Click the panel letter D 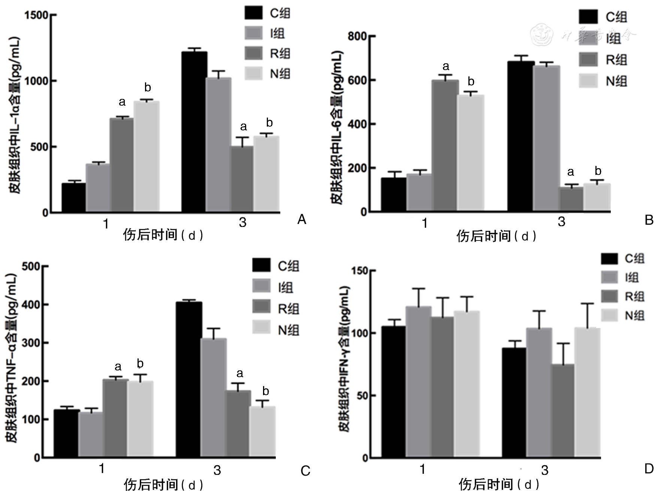649,469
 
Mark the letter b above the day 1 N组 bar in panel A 148,88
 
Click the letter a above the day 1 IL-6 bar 446,67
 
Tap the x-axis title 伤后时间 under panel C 151,484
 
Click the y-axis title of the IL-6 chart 336,127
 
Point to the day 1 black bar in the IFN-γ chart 393,392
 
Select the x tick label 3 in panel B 561,222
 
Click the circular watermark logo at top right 542,34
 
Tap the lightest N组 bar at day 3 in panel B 597,197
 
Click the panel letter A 302,219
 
